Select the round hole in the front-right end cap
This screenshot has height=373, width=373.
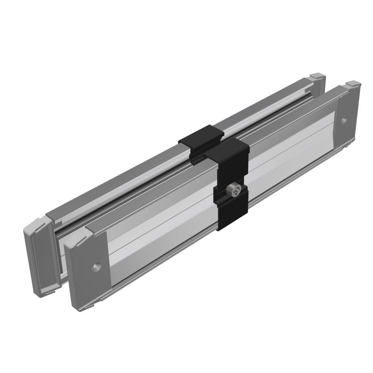tap(344, 120)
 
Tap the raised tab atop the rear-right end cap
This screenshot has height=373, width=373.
tap(317, 76)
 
